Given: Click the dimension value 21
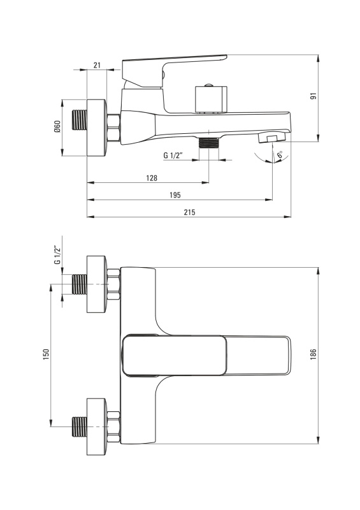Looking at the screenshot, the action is coord(97,65).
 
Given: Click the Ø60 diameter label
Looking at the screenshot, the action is coord(57,126).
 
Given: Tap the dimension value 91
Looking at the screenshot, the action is coord(313,96).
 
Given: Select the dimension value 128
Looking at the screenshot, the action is coord(152,178).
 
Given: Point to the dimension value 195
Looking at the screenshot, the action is coord(175,195).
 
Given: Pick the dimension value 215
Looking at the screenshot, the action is coord(190,212).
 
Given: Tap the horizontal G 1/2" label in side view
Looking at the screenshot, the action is coord(173,155).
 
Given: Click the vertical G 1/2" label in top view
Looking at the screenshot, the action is coord(57,254).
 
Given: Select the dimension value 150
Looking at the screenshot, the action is coord(46,354).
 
